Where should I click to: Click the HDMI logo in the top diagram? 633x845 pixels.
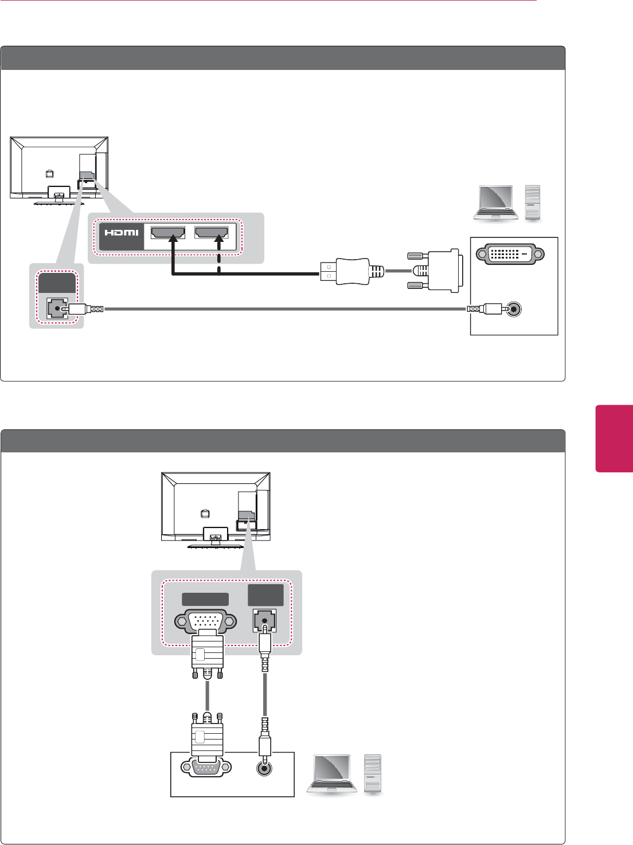coord(122,232)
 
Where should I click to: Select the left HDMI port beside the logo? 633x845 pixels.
coord(167,232)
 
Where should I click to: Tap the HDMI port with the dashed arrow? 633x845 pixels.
coord(212,232)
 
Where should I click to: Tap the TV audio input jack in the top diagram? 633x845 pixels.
coord(56,309)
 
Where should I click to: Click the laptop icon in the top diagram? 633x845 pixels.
coord(496,203)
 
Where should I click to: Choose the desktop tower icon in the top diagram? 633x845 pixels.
coord(533,203)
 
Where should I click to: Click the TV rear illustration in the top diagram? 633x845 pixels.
coord(59,170)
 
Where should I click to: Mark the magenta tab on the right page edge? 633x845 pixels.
coord(614,439)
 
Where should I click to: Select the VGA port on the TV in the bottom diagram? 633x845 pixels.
coord(205,621)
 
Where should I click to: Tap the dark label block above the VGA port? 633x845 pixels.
coord(205,599)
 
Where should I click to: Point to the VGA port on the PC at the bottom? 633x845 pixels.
coord(206,767)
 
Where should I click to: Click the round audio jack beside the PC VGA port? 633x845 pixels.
coord(264,768)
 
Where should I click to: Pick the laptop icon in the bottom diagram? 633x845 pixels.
coord(331,774)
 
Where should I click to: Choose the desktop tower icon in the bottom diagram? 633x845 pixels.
coord(373,774)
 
